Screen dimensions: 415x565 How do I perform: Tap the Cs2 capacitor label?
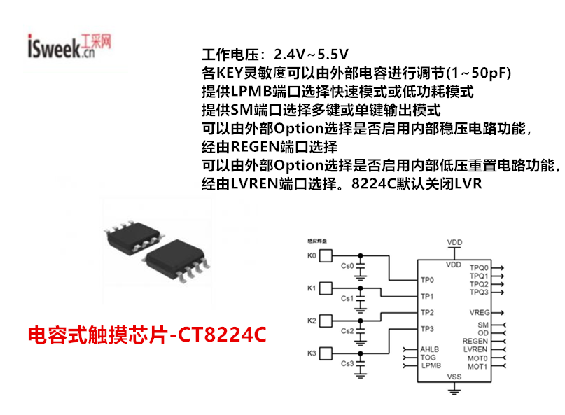[347, 331]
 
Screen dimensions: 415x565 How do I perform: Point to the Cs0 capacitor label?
[347, 267]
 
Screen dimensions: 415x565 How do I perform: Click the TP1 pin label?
[427, 296]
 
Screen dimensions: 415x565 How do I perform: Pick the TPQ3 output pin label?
[479, 292]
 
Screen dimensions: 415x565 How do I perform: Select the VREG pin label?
[480, 311]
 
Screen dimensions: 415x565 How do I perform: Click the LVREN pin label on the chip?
[475, 349]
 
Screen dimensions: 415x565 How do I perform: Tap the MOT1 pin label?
[477, 366]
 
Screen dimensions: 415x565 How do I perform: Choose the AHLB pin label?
[429, 349]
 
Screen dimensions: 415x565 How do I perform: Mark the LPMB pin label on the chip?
[431, 365]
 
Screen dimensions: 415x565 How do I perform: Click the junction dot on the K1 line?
[361, 288]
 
